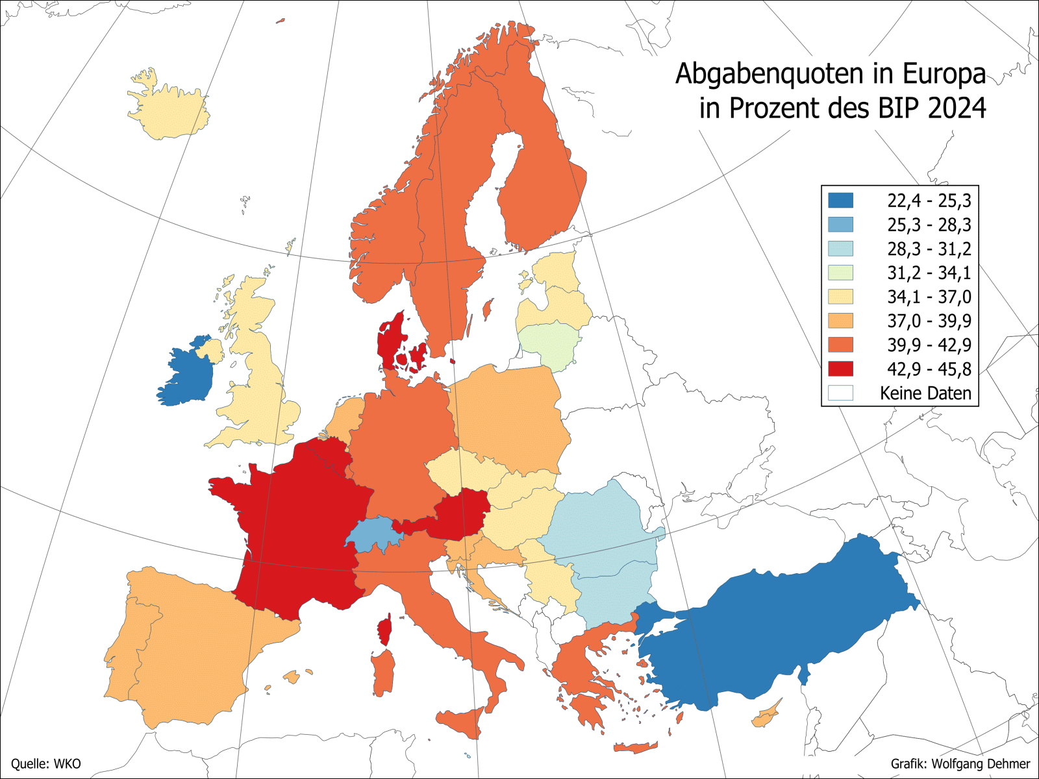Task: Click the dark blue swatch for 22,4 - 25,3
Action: [840, 200]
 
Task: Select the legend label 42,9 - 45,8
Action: [929, 369]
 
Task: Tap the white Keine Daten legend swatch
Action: [840, 393]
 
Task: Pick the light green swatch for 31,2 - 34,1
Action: [840, 273]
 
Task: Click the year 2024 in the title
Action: [957, 108]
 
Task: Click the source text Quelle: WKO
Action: [46, 763]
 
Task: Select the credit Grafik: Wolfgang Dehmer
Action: [960, 763]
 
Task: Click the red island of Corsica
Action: [385, 630]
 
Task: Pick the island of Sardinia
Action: [383, 672]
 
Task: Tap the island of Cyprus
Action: [766, 715]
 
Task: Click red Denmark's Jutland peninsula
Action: [390, 341]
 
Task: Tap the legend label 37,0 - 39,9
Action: [929, 321]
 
